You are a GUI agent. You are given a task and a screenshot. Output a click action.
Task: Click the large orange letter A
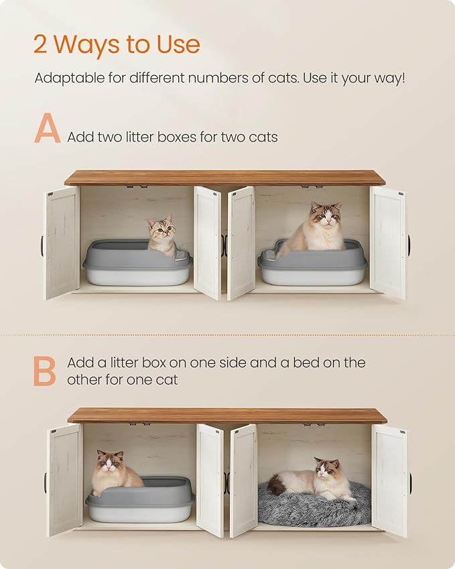pyautogui.click(x=47, y=129)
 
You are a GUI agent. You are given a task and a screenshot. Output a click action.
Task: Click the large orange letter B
pyautogui.click(x=45, y=371)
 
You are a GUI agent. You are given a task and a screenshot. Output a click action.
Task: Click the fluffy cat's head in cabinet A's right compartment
pyautogui.click(x=325, y=216)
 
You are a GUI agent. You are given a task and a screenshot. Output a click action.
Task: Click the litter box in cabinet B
pyautogui.click(x=141, y=501)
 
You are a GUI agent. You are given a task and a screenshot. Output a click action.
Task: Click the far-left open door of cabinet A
pyautogui.click(x=62, y=242)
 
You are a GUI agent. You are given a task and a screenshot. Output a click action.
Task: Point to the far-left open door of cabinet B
pyautogui.click(x=64, y=479)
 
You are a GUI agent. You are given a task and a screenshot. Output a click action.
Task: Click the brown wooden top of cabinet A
pyautogui.click(x=224, y=178)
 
